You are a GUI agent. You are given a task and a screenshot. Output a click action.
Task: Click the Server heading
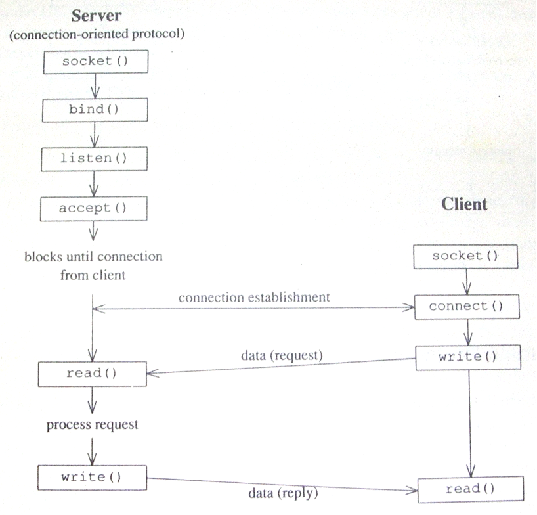pyautogui.click(x=97, y=16)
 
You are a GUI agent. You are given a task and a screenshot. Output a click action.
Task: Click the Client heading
pyautogui.click(x=465, y=204)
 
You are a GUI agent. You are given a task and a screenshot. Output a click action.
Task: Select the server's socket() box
pyautogui.click(x=96, y=62)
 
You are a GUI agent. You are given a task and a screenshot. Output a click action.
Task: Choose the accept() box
pyautogui.click(x=94, y=208)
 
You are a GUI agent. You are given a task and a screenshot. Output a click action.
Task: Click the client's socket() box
pyautogui.click(x=465, y=256)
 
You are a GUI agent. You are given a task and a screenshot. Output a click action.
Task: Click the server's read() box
pyautogui.click(x=92, y=373)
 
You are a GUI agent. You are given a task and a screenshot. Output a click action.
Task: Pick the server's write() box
pyautogui.click(x=92, y=476)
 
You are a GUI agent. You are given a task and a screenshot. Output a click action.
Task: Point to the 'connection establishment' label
pyautogui.click(x=254, y=297)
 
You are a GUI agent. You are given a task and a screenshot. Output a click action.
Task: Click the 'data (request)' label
pyautogui.click(x=280, y=355)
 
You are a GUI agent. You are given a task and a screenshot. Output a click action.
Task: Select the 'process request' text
pyautogui.click(x=93, y=425)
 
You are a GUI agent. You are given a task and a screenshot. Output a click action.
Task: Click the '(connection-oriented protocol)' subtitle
pyautogui.click(x=96, y=35)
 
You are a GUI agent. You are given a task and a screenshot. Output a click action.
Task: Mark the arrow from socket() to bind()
pyautogui.click(x=95, y=85)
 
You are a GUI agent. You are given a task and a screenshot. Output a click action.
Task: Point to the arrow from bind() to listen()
pyautogui.click(x=95, y=135)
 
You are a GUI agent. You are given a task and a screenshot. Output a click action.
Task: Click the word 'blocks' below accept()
pyautogui.click(x=43, y=256)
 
